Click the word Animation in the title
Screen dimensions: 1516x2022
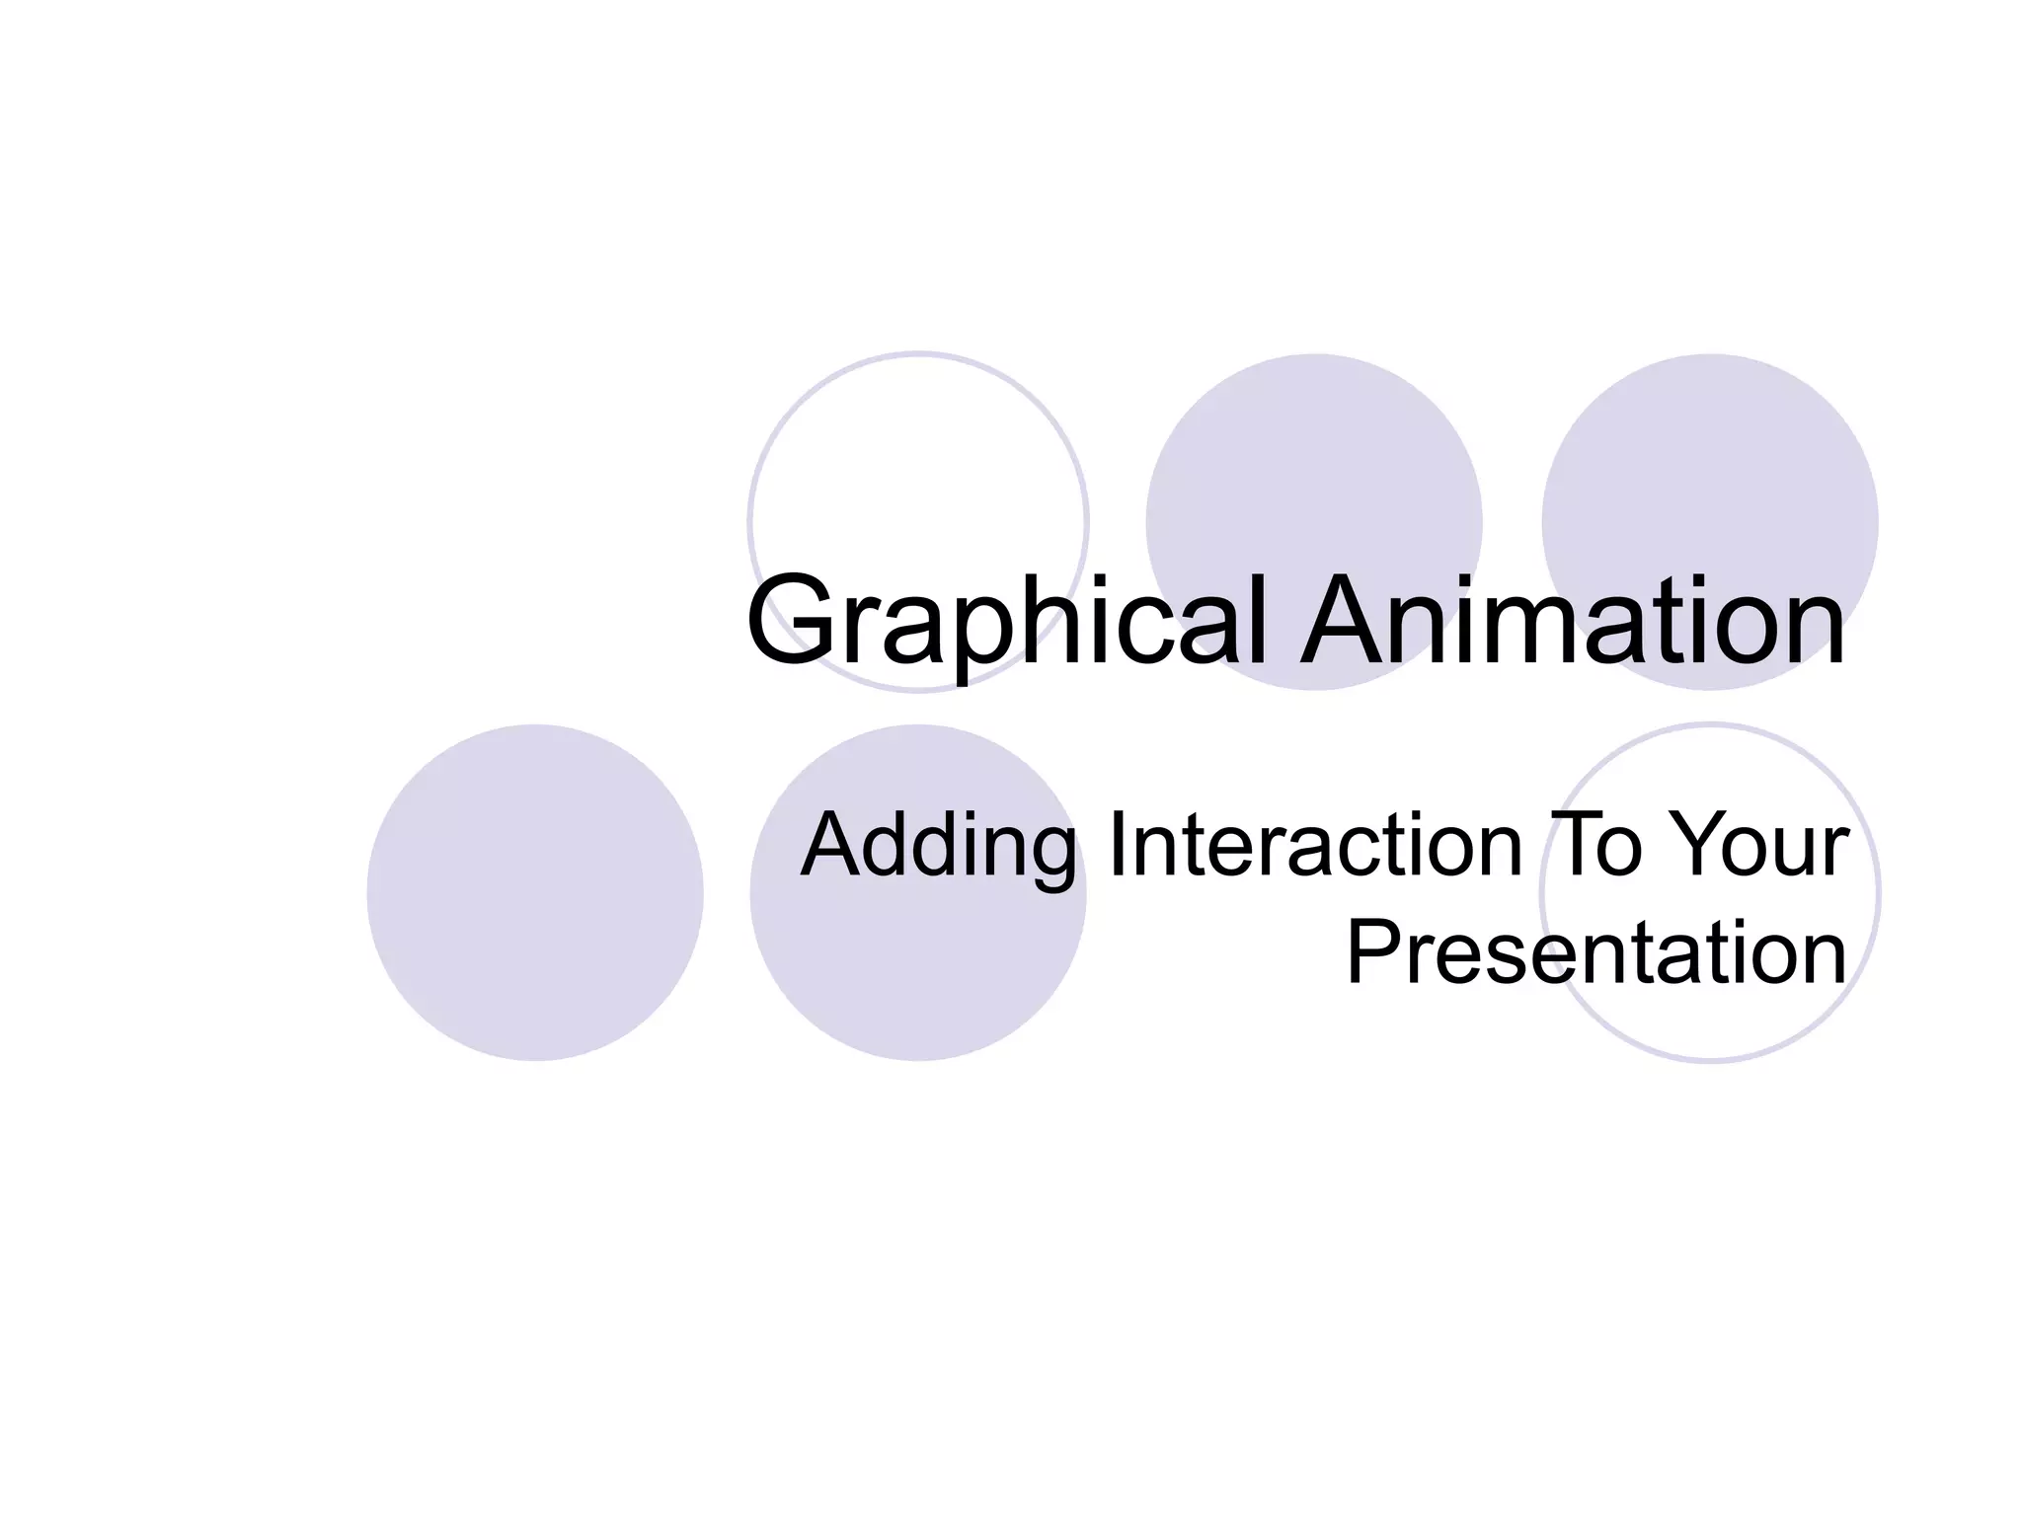click(x=1572, y=622)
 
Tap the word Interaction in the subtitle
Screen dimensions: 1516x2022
click(x=1316, y=845)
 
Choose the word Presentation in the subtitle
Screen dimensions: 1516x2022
click(x=1595, y=952)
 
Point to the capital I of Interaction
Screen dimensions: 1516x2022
click(x=1118, y=845)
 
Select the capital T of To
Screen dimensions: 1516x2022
click(x=1574, y=845)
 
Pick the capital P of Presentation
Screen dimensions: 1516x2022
click(x=1376, y=952)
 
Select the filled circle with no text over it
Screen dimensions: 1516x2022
click(x=535, y=892)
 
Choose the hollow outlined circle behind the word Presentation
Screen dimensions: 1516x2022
click(x=1710, y=1017)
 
